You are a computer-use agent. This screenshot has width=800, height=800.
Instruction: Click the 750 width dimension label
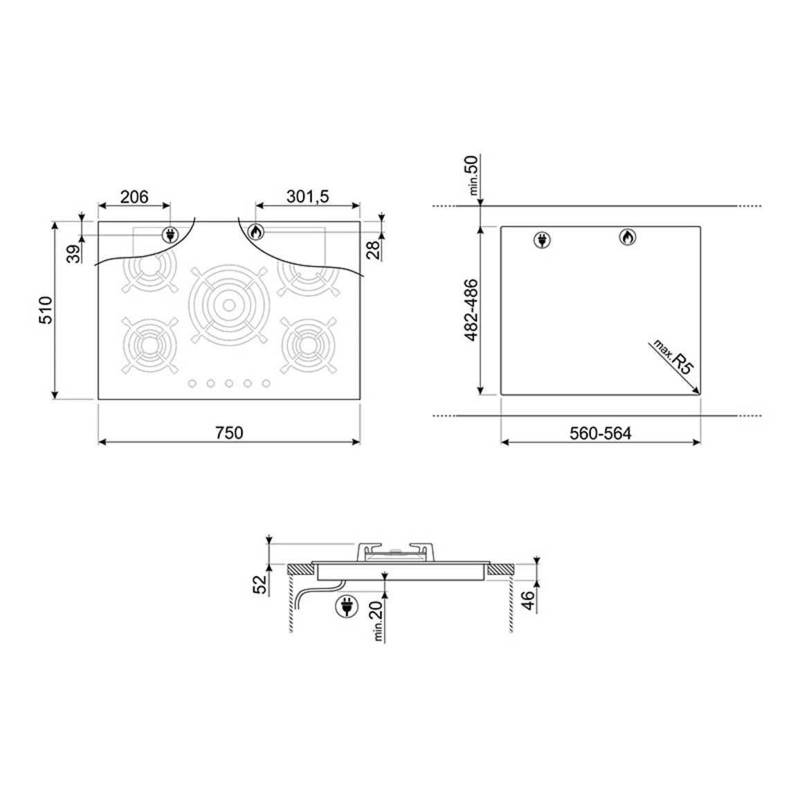click(x=229, y=433)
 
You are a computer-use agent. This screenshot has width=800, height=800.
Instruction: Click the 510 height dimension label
click(x=46, y=310)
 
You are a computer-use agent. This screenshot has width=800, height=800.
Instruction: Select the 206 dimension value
click(x=134, y=197)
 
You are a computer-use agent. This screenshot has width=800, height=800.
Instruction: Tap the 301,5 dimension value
click(x=308, y=197)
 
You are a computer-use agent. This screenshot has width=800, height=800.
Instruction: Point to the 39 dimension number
click(x=75, y=253)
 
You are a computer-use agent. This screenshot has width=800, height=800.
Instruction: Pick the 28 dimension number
click(x=375, y=250)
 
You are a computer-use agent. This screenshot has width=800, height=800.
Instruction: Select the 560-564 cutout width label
click(x=601, y=433)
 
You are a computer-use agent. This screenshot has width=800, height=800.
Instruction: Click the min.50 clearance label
click(x=473, y=175)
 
